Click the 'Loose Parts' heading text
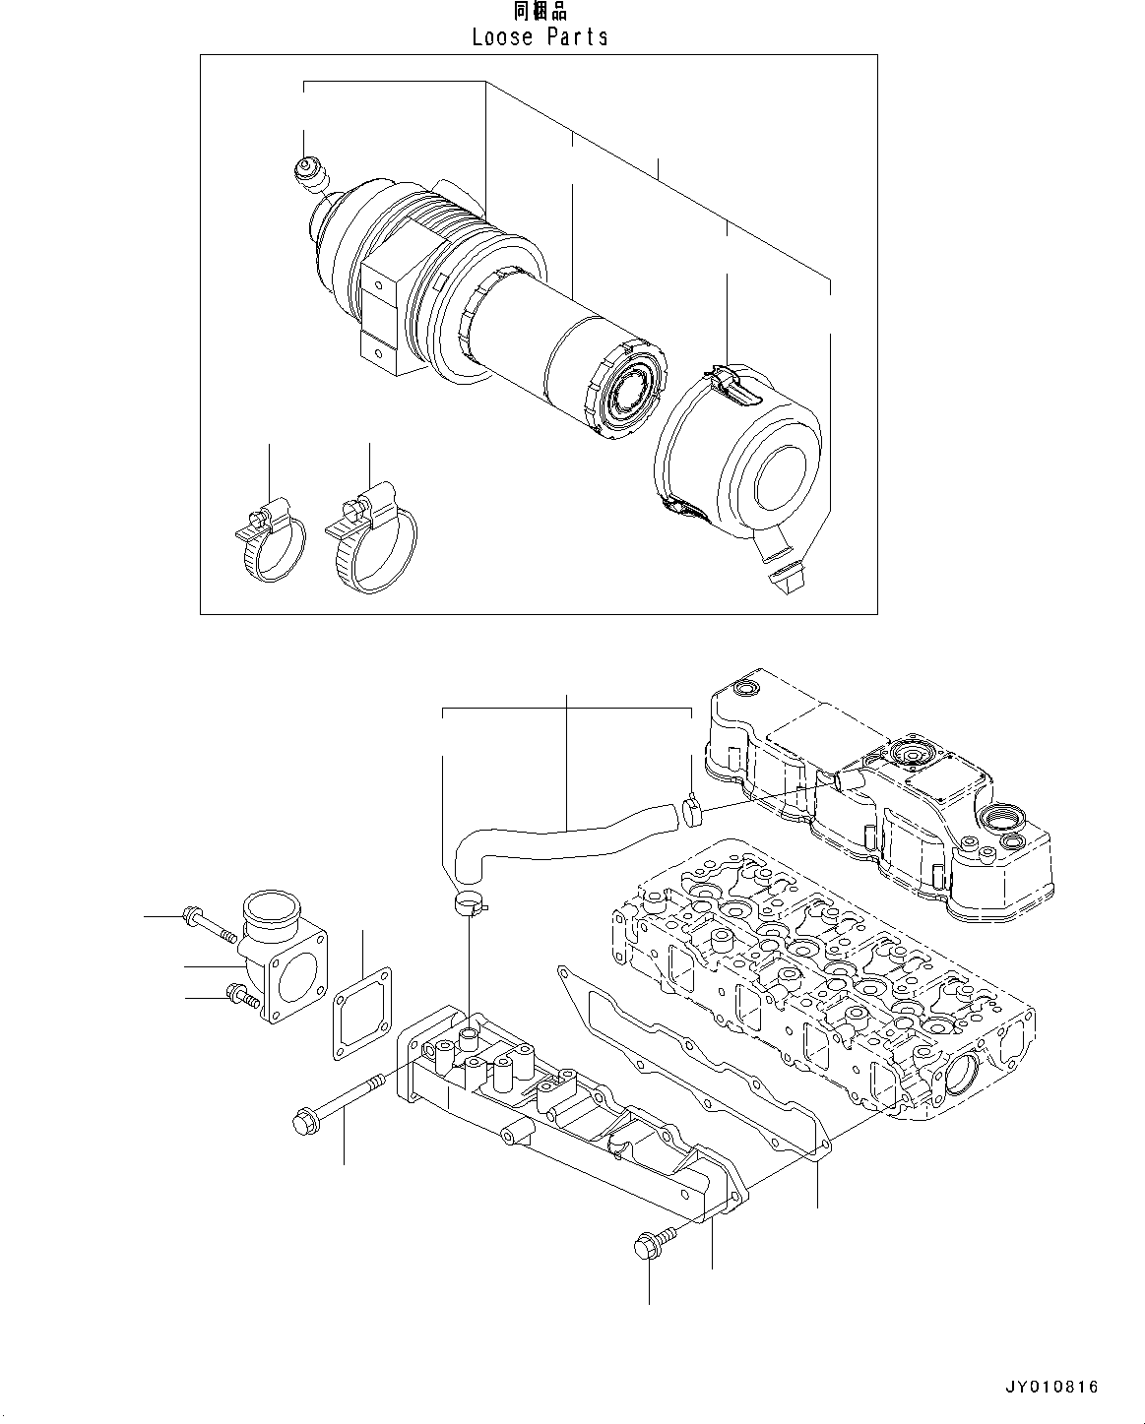(x=540, y=37)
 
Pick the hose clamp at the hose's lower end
(x=470, y=901)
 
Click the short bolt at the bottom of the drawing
(x=651, y=1243)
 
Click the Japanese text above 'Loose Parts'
(x=540, y=11)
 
